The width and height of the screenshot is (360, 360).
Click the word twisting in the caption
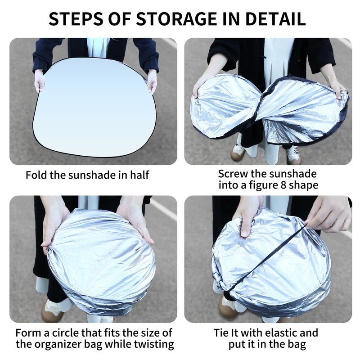tap(155, 345)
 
